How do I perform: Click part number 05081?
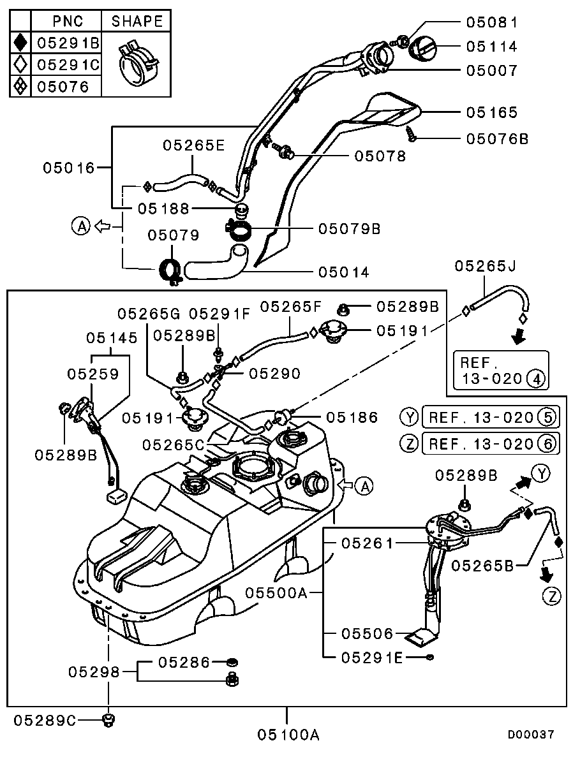(x=491, y=22)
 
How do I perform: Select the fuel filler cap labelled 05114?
(x=422, y=47)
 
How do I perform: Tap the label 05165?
(x=491, y=113)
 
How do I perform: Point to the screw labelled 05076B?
(x=412, y=133)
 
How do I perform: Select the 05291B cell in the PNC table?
(x=68, y=43)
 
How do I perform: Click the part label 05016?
(x=69, y=168)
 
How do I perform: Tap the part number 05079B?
(x=349, y=228)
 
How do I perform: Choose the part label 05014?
(x=344, y=272)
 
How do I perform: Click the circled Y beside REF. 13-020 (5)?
(x=408, y=418)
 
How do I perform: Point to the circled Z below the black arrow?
(x=551, y=596)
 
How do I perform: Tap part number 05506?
(x=367, y=634)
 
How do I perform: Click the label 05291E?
(x=372, y=656)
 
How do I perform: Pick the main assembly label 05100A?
(x=288, y=735)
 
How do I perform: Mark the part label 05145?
(x=112, y=338)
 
